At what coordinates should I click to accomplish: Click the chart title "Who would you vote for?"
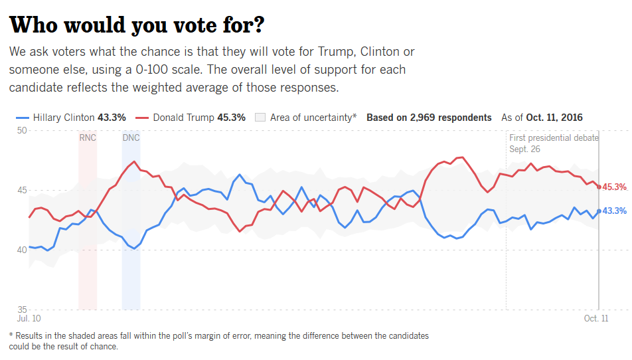[137, 25]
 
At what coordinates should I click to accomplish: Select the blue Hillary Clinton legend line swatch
[21, 118]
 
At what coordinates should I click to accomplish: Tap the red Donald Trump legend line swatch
[141, 118]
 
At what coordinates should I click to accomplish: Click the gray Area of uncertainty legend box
[260, 118]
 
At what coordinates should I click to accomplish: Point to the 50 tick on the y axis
[21, 130]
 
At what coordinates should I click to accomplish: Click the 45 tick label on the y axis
[21, 190]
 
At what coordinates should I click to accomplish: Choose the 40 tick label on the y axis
[21, 250]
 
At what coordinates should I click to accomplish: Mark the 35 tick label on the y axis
[21, 310]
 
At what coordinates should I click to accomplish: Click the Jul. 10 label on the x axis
[29, 319]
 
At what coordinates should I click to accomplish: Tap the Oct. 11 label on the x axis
[595, 319]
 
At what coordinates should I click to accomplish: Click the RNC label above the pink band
[88, 137]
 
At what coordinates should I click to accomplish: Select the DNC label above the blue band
[131, 137]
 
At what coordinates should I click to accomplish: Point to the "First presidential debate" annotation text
[554, 137]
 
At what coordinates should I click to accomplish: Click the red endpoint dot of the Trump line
[599, 187]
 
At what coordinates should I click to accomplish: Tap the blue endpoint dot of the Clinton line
[599, 211]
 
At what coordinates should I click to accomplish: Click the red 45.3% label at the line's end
[615, 187]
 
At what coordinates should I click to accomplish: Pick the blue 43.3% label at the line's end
[615, 211]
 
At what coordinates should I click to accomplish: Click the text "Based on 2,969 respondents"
[429, 118]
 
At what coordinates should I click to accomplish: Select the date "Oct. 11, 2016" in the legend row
[554, 118]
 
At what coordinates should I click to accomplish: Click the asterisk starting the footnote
[11, 335]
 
